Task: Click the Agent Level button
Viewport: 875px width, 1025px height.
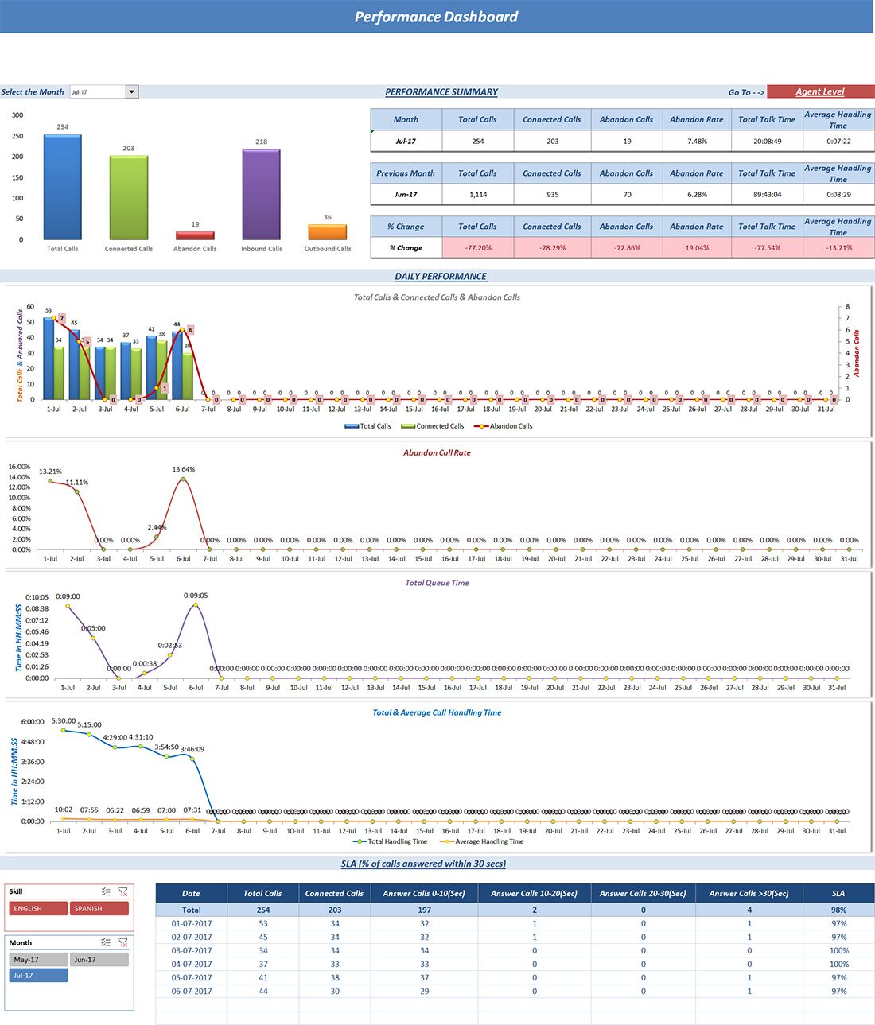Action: (x=819, y=92)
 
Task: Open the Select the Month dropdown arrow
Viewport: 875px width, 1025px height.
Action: (x=132, y=92)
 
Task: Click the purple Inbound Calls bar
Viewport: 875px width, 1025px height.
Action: (x=261, y=195)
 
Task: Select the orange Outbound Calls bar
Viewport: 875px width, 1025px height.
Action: (x=327, y=232)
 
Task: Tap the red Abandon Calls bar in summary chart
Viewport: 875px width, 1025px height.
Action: (x=195, y=235)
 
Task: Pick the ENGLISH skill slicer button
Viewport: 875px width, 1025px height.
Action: (x=38, y=908)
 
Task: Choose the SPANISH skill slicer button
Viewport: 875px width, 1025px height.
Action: (x=99, y=908)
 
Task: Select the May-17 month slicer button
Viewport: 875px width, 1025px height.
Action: (x=38, y=960)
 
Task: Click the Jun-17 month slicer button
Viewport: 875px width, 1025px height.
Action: (x=99, y=960)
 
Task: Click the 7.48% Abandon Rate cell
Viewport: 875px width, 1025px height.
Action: (x=697, y=142)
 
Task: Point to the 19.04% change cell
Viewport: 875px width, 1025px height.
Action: (x=697, y=248)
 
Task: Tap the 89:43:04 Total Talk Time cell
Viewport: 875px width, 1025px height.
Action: (x=767, y=195)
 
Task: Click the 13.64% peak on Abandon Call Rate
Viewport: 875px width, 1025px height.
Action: (x=184, y=479)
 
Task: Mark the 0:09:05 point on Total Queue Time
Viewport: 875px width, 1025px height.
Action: (x=196, y=605)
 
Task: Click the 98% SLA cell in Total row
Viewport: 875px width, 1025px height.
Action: (x=838, y=910)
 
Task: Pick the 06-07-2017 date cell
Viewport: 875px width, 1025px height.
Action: (x=191, y=992)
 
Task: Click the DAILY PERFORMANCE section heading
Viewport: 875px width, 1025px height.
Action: (x=441, y=277)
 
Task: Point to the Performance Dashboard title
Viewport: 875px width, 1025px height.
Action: (x=436, y=17)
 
